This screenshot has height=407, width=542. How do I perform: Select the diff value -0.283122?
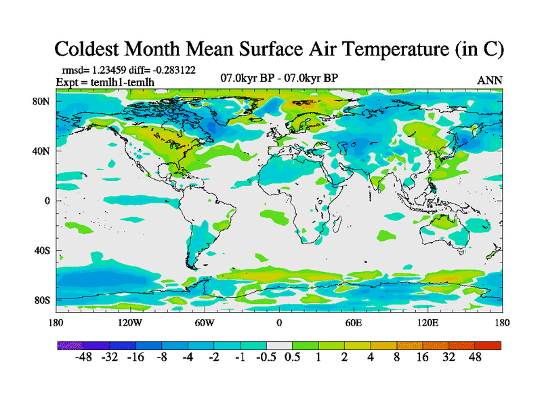coord(174,70)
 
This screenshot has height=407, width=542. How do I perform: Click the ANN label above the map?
coord(490,80)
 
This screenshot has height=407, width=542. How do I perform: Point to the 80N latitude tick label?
coord(43,101)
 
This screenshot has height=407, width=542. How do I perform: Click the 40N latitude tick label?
coord(43,151)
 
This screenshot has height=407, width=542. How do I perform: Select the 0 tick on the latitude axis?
coord(47,201)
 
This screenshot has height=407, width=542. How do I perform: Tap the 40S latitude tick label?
coord(43,250)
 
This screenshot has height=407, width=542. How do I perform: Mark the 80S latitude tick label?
coord(43,300)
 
